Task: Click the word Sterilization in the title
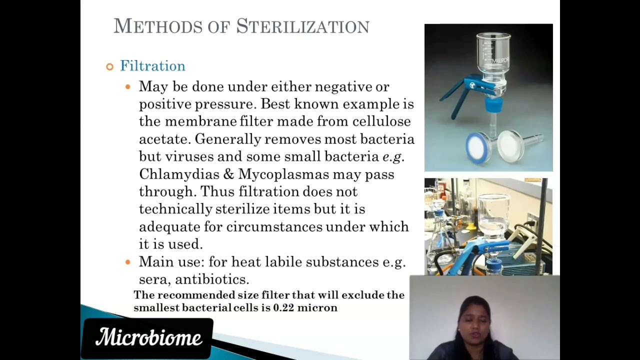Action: coord(302,26)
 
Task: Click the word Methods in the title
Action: coord(157,26)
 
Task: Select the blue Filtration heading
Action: coord(152,66)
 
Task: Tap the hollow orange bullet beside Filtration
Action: coord(110,66)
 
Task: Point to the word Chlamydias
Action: coord(179,174)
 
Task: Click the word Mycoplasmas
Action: coord(283,174)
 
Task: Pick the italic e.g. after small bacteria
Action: coord(392,156)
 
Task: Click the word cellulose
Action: coord(381,121)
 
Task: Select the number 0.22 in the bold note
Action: coord(283,308)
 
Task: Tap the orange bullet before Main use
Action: coord(128,262)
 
